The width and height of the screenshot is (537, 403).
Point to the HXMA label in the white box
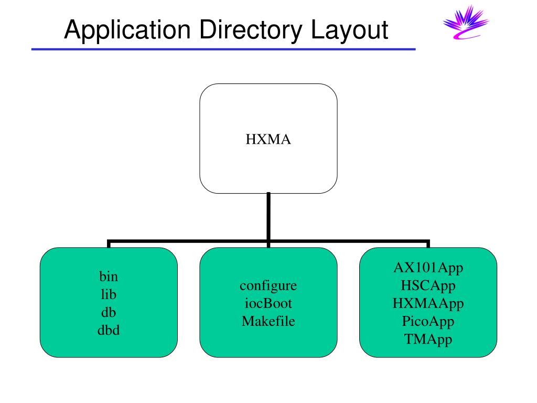click(x=268, y=140)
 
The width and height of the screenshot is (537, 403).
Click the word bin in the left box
click(x=109, y=276)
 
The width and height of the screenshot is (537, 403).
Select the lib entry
click(x=109, y=294)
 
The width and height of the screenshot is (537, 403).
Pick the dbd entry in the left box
click(x=109, y=331)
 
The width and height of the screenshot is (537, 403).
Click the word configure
click(x=268, y=285)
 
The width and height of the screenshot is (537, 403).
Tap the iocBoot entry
click(x=268, y=303)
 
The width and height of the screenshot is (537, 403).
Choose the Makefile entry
click(x=268, y=321)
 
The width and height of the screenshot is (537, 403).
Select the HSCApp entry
click(x=428, y=285)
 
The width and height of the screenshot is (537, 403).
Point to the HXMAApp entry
click(x=428, y=303)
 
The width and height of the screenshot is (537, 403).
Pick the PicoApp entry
click(x=428, y=321)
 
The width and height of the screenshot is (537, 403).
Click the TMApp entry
click(x=428, y=339)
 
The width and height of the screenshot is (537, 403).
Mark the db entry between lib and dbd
click(x=109, y=312)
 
